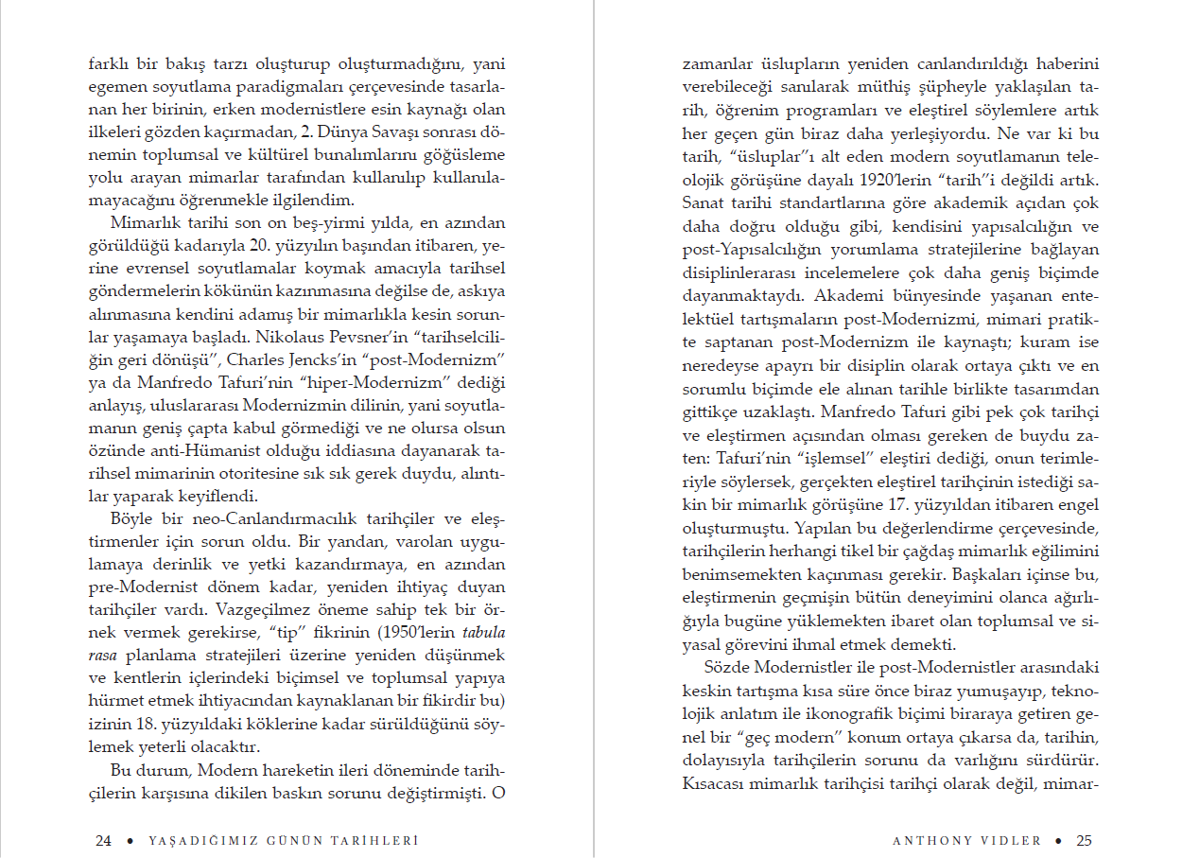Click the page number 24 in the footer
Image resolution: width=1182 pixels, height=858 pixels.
click(x=103, y=840)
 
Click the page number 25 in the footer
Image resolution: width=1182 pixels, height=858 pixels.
click(x=1084, y=840)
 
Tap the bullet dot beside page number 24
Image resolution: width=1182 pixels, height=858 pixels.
click(x=128, y=840)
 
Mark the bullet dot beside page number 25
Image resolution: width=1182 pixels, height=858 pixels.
click(x=1058, y=840)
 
